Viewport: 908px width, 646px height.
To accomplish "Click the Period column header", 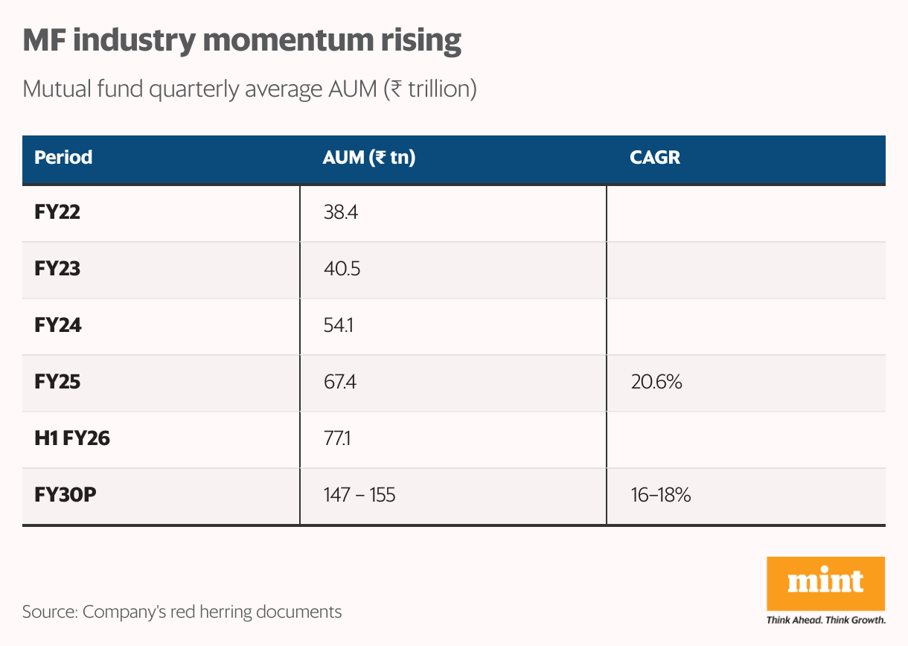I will (x=63, y=158).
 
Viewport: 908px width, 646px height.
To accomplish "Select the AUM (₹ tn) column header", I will (x=368, y=158).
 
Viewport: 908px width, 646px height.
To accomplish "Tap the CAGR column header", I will (x=654, y=158).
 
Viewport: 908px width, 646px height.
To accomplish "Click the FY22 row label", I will (x=57, y=213).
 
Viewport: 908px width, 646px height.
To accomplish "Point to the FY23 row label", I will (x=57, y=269).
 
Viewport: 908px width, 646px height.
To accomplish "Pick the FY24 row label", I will (x=57, y=326).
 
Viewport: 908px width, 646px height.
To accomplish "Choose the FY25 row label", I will (x=57, y=383).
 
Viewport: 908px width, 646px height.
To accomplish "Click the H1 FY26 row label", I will (x=72, y=439).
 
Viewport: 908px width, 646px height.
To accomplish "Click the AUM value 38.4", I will (x=342, y=213).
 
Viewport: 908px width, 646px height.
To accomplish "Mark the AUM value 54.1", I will (x=339, y=326).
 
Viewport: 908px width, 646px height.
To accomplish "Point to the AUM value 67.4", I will (x=342, y=383).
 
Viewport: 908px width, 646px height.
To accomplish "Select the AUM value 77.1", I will (x=337, y=439).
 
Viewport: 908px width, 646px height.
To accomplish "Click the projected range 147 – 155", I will (x=359, y=495).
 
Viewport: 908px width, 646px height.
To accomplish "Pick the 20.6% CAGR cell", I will (x=656, y=383).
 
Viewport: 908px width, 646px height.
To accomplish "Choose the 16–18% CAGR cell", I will (x=660, y=495).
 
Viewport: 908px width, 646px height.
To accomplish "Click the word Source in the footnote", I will (x=48, y=612).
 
